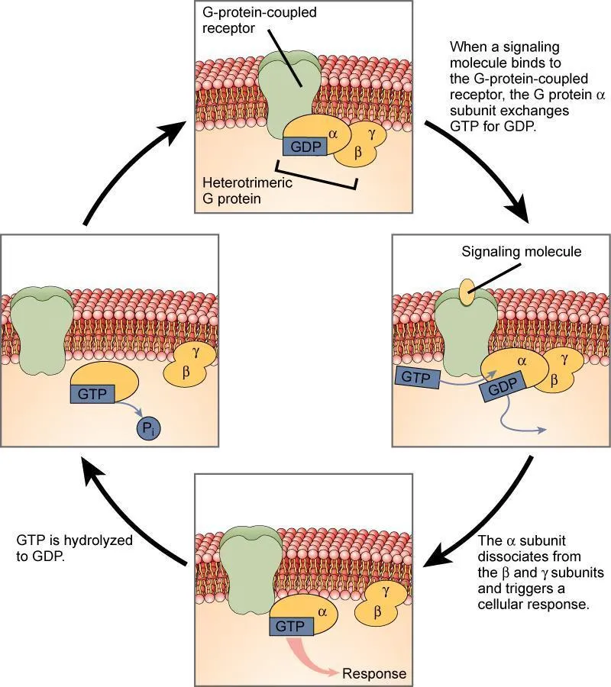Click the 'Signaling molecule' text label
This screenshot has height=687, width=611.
pyautogui.click(x=522, y=251)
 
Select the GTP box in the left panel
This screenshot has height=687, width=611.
pyautogui.click(x=92, y=394)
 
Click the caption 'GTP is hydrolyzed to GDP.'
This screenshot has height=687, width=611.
pyautogui.click(x=75, y=547)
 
